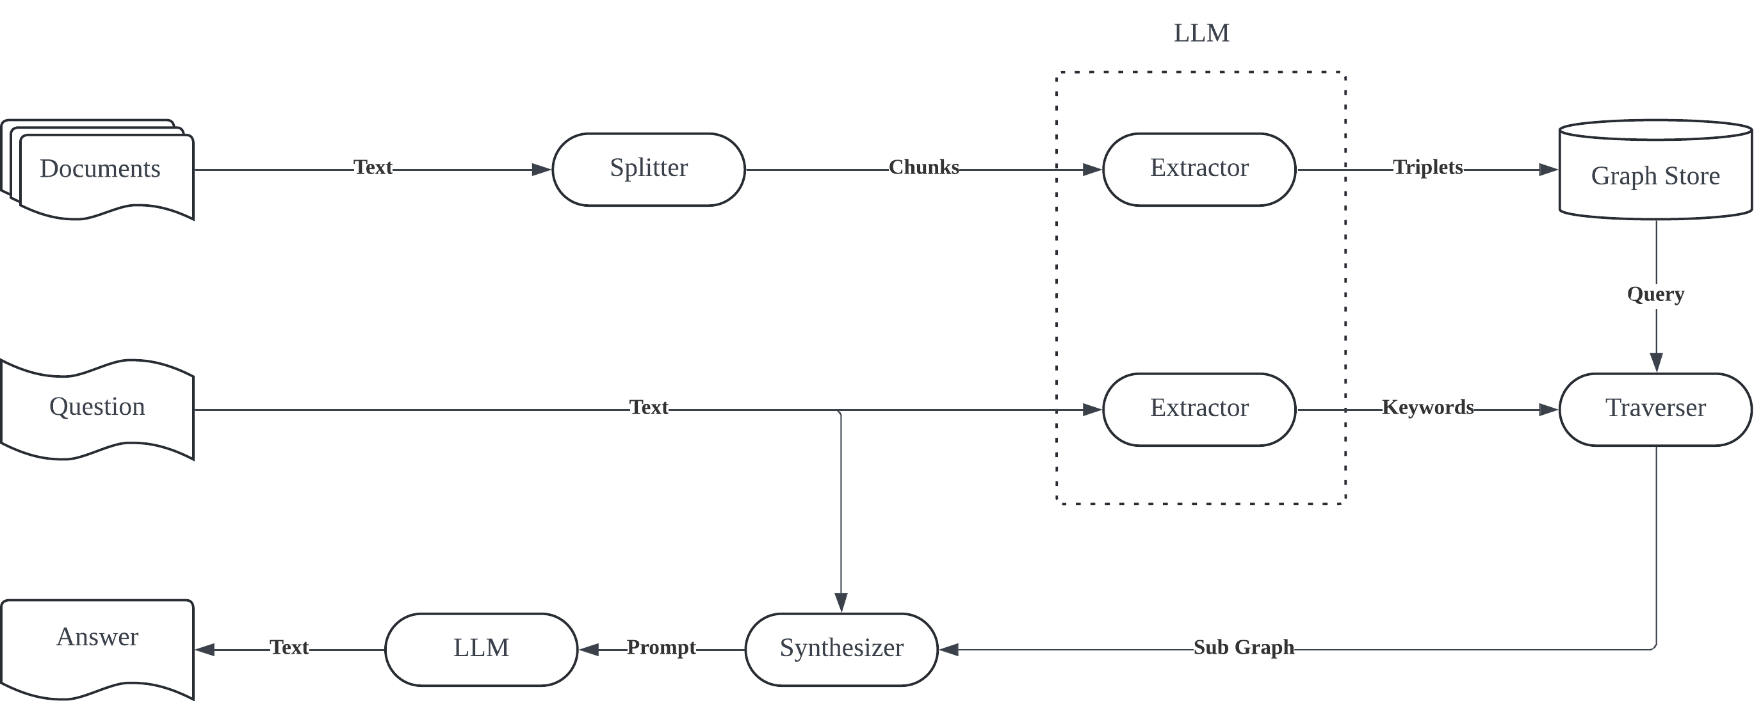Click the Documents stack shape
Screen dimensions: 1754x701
[x=97, y=170]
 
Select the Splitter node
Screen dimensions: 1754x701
[x=648, y=170]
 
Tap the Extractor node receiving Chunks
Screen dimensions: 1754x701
[x=1199, y=170]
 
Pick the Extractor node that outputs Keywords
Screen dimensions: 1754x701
[x=1199, y=410]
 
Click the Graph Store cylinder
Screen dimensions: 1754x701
[x=1655, y=170]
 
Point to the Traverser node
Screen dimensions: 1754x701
[x=1655, y=410]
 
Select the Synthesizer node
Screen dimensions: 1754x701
[x=841, y=649]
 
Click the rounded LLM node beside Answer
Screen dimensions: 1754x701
[x=482, y=649]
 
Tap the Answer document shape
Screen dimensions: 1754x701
[x=97, y=649]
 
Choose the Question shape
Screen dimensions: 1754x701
[x=97, y=410]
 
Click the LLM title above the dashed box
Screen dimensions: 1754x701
[x=1201, y=33]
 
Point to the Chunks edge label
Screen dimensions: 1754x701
[x=924, y=168]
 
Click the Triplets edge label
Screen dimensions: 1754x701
[x=1428, y=168]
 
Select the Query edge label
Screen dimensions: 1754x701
[x=1655, y=294]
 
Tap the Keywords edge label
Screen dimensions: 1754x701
[x=1428, y=407]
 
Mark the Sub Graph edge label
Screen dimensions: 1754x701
[x=1244, y=647]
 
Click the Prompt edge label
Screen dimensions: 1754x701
[x=661, y=647]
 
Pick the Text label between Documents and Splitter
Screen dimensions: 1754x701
[x=373, y=168]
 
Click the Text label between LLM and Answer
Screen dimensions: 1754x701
[x=289, y=647]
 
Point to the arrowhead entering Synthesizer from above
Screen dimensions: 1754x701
[x=841, y=602]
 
